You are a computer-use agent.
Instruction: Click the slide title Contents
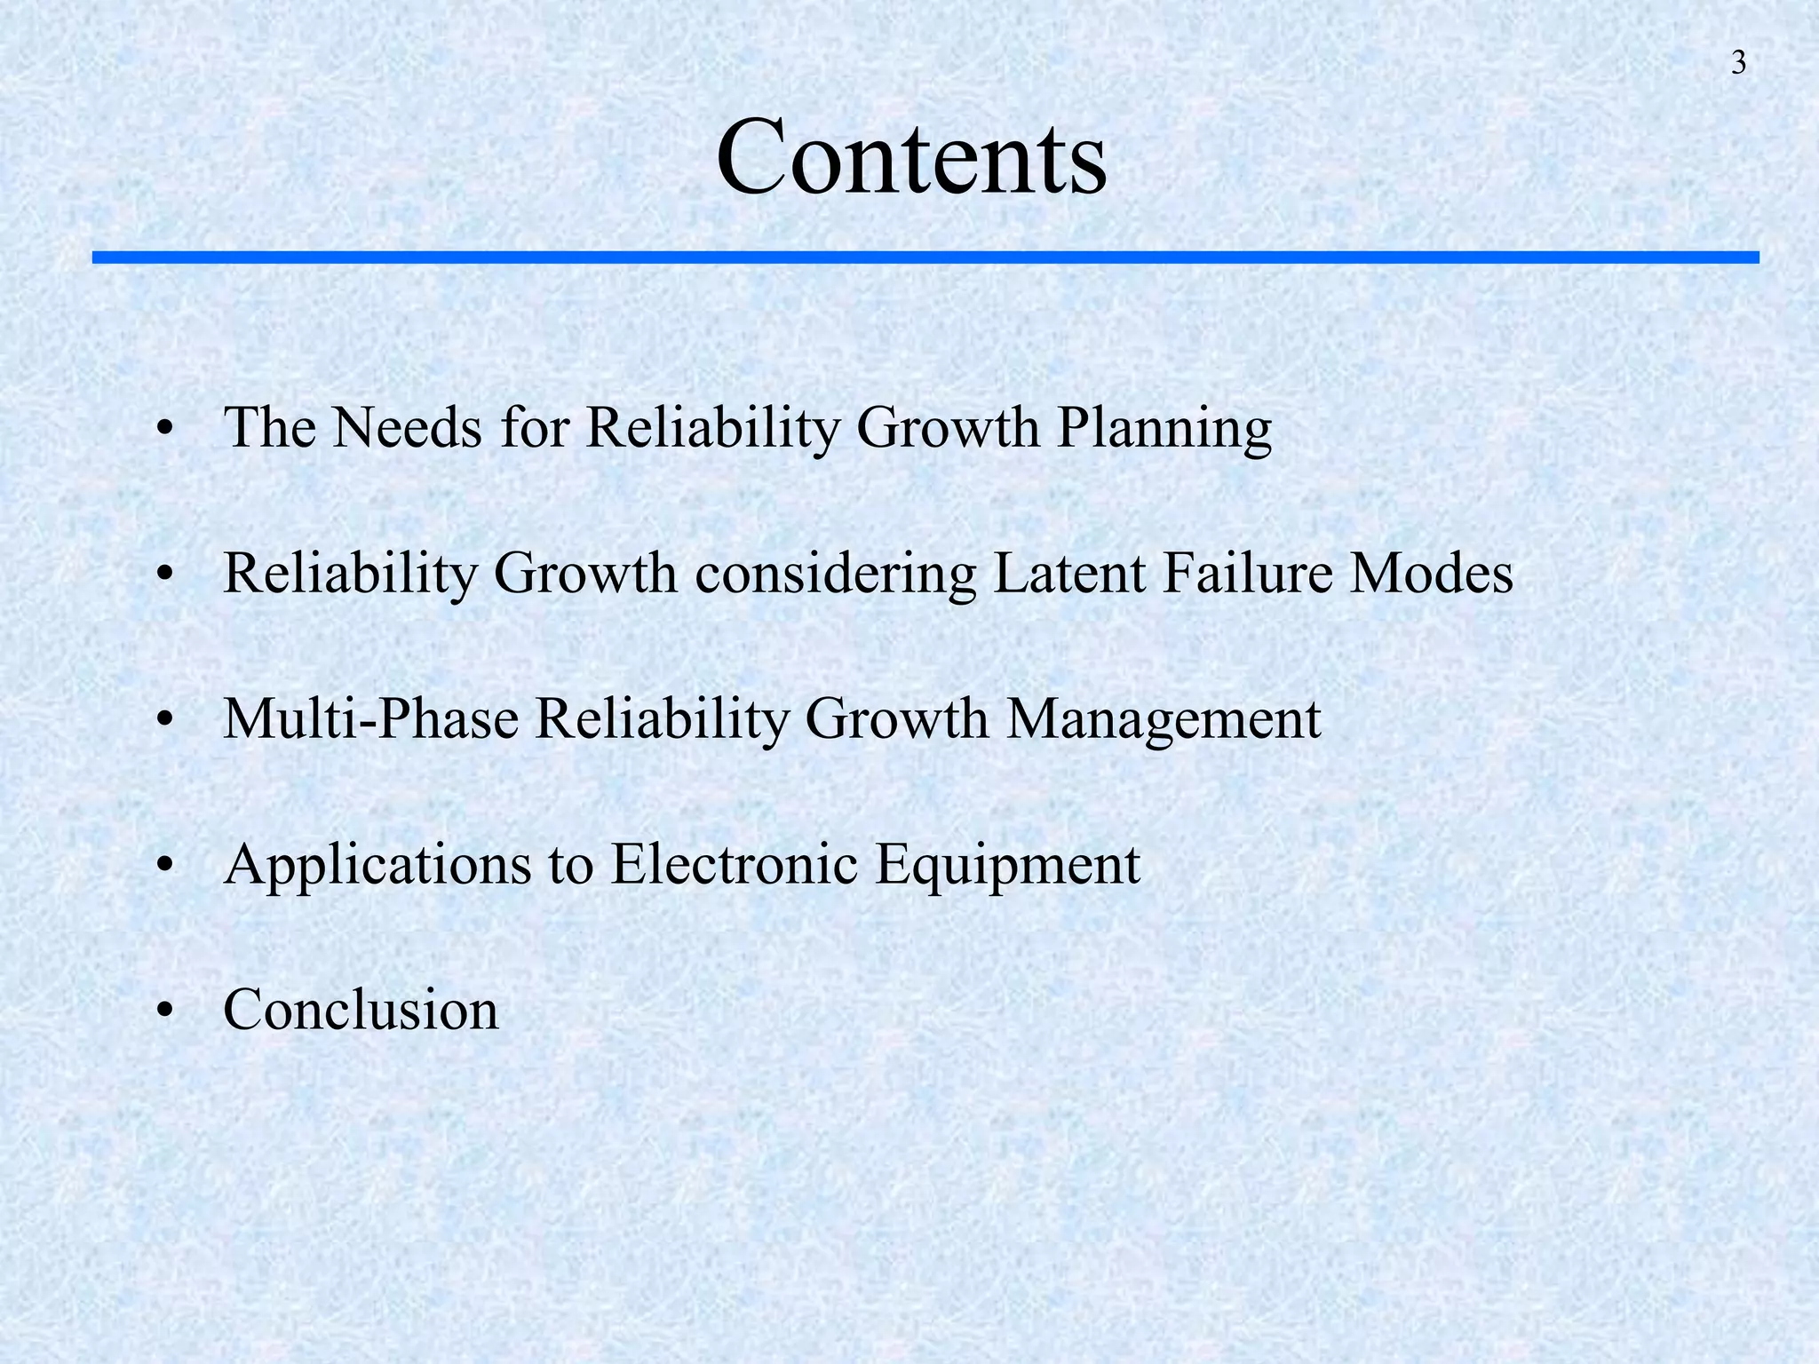pyautogui.click(x=911, y=158)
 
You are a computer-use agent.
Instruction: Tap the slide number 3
pyautogui.click(x=1738, y=64)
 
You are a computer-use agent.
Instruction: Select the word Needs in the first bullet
pyautogui.click(x=408, y=427)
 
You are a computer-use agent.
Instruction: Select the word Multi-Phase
pyautogui.click(x=370, y=718)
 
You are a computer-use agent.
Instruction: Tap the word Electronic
pyautogui.click(x=734, y=864)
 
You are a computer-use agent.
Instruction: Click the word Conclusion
pyautogui.click(x=361, y=1010)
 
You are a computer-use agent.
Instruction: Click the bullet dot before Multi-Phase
pyautogui.click(x=163, y=720)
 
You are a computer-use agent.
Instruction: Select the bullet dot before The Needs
pyautogui.click(x=163, y=429)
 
